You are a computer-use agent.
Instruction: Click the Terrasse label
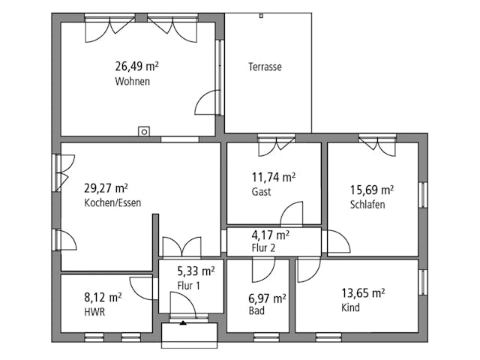point(265,67)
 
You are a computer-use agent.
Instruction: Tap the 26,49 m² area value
point(136,66)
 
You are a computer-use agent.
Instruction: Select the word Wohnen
point(133,81)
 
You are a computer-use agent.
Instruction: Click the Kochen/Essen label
point(112,202)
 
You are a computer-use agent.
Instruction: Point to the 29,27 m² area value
point(106,188)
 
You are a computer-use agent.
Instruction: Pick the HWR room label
point(94,312)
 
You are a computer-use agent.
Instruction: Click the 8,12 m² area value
point(103,297)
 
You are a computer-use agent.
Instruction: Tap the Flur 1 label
point(188,286)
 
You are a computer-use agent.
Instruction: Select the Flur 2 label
point(263,247)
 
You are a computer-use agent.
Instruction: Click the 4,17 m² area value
point(271,235)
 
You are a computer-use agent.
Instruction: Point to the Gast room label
point(262,192)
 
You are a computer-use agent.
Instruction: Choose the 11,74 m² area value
point(274,177)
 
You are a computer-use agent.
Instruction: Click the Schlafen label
point(367,205)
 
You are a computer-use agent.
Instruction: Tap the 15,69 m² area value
point(372,190)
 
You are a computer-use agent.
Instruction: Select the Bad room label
point(256,310)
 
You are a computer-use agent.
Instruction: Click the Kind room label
point(350,307)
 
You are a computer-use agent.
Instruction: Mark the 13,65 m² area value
point(363,293)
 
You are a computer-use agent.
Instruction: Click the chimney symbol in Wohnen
point(144,132)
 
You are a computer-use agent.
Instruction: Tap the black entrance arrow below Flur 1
point(183,322)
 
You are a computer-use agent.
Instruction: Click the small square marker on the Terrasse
point(261,16)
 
